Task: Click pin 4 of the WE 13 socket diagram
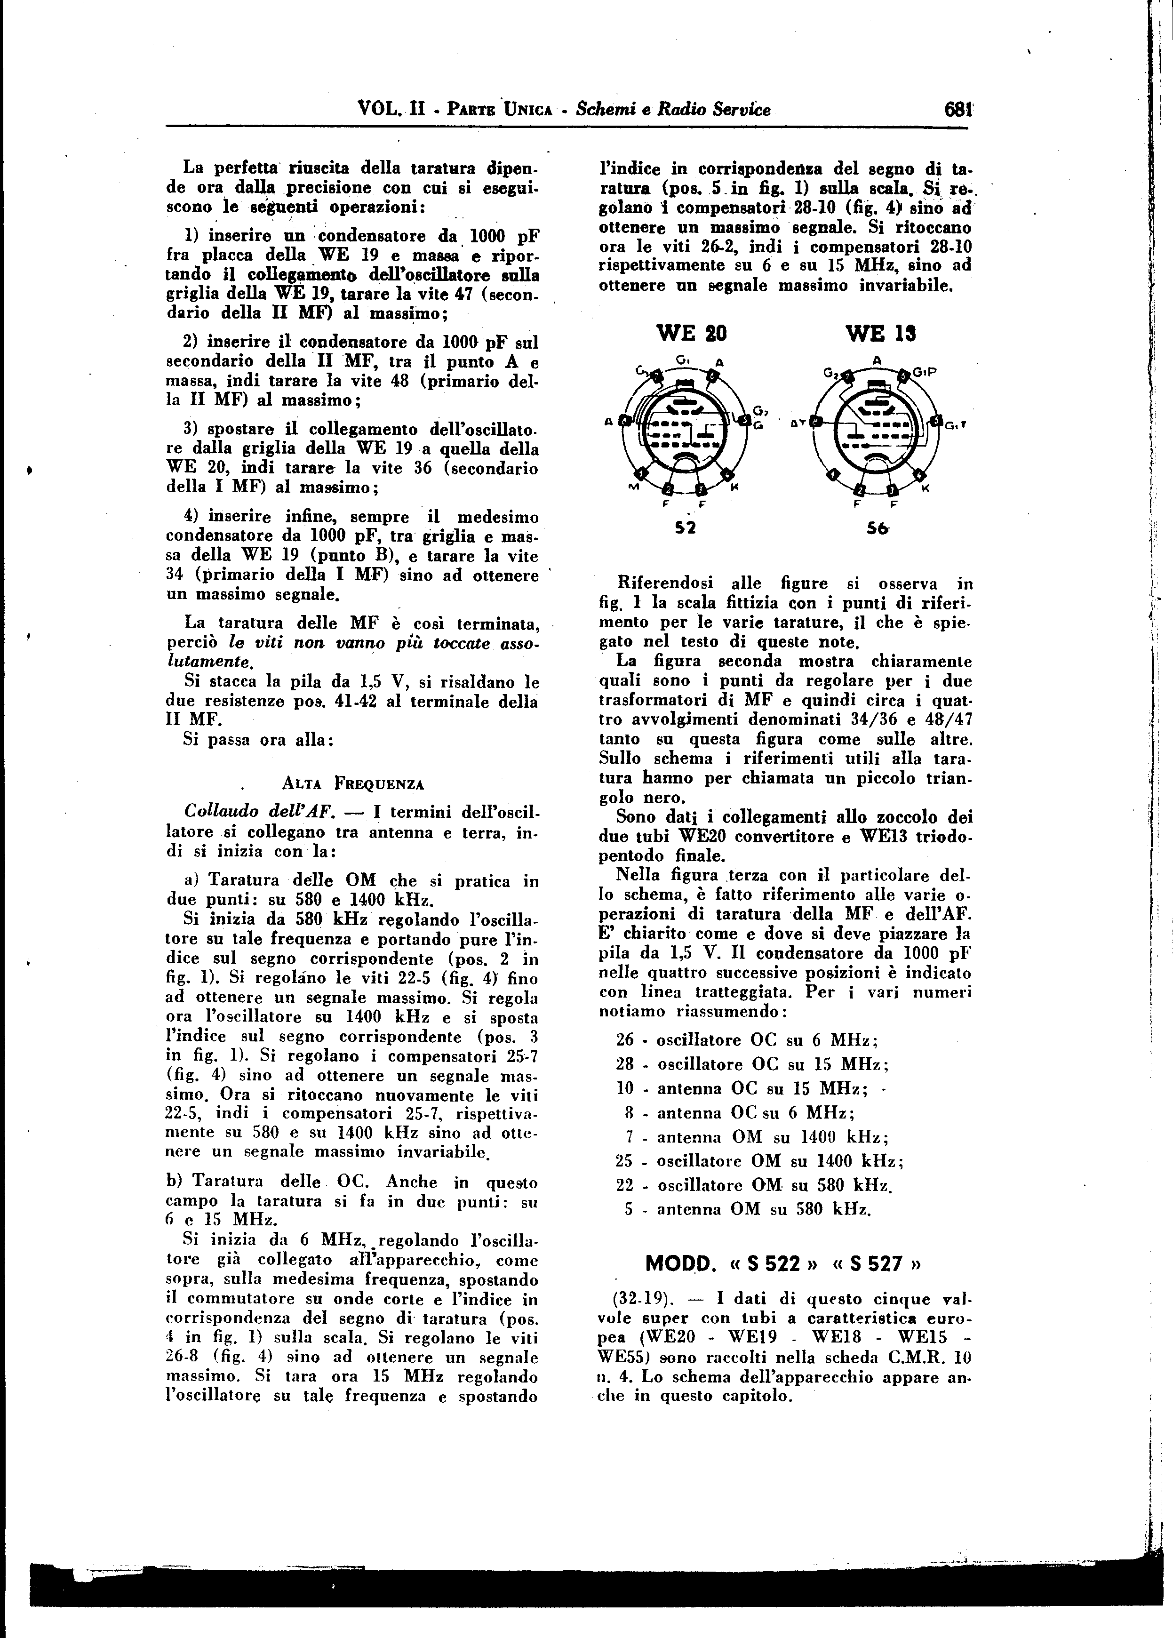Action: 919,475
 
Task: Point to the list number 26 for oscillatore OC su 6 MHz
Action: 625,1041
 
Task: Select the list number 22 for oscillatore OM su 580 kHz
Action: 625,1185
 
